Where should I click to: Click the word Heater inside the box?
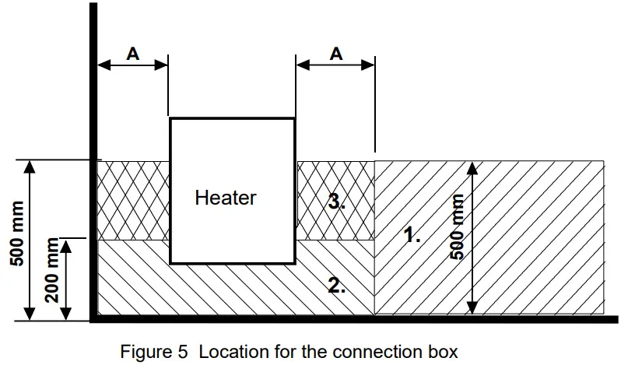(226, 198)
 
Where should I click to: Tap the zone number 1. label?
(412, 234)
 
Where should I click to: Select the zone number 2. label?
(337, 286)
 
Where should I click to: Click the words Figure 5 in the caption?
(154, 352)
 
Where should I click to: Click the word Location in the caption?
(230, 352)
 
